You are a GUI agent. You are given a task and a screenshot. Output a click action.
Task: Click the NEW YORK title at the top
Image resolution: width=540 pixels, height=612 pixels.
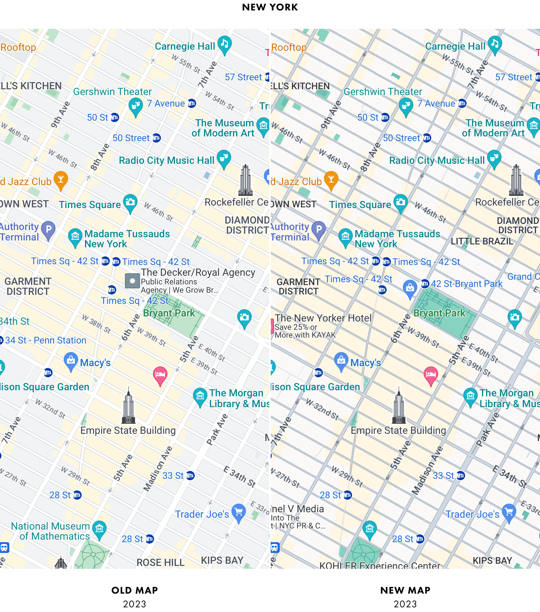point(270,7)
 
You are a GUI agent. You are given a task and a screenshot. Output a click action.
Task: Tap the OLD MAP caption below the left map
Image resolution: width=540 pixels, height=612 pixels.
point(135,590)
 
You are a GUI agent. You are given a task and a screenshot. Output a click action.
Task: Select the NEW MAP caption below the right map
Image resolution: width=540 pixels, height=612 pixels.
point(405,590)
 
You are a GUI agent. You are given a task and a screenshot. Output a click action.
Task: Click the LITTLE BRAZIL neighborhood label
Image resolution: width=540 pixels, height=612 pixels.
point(482,241)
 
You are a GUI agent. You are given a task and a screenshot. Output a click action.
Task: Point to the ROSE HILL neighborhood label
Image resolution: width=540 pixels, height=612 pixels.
point(161,562)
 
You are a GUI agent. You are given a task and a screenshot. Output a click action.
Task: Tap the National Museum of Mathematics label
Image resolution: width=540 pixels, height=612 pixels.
point(50,531)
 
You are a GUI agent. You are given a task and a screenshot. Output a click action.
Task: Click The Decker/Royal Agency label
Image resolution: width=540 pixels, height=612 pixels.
point(198,273)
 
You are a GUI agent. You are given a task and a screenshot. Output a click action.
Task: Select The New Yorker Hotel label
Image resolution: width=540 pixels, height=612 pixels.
point(323,318)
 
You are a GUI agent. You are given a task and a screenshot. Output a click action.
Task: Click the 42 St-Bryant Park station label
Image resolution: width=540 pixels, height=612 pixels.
point(467,284)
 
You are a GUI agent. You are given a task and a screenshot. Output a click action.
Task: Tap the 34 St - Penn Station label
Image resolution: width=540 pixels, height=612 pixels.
point(46,341)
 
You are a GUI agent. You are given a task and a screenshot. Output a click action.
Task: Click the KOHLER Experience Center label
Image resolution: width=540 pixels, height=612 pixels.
point(380,566)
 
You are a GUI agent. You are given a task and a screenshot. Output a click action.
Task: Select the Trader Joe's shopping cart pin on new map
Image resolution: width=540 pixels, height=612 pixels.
point(509,512)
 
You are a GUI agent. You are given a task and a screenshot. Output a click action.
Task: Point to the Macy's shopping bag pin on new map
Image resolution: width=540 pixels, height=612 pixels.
point(341,360)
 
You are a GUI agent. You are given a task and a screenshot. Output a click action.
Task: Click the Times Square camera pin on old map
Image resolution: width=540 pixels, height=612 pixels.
point(130,202)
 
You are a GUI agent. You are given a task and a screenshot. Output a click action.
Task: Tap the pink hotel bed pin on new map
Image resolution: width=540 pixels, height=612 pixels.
point(431,374)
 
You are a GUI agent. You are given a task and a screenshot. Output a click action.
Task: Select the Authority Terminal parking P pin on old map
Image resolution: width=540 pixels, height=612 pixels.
point(48,229)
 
